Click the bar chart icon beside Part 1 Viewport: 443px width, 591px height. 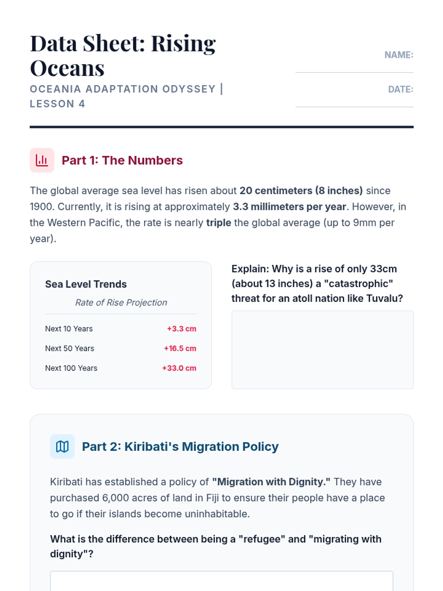point(42,160)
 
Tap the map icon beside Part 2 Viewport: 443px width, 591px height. point(62,447)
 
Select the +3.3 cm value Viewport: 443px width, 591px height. point(181,329)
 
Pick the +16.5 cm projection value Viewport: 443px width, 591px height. point(180,348)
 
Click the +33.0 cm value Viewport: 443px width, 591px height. point(179,368)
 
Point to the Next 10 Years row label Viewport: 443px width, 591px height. point(69,329)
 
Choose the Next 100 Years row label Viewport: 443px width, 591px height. point(71,368)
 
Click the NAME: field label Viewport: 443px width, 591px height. point(399,55)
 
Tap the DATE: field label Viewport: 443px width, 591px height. point(401,89)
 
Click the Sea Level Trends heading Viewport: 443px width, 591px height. point(86,284)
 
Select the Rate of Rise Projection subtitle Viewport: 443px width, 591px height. point(121,303)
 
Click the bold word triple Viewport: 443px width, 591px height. point(219,223)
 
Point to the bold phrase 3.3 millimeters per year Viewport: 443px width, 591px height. point(289,206)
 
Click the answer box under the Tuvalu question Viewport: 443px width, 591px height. point(322,350)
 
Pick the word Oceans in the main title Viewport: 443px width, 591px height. point(67,68)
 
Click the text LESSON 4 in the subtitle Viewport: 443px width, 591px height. point(57,104)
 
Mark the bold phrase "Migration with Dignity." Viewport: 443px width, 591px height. point(271,482)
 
